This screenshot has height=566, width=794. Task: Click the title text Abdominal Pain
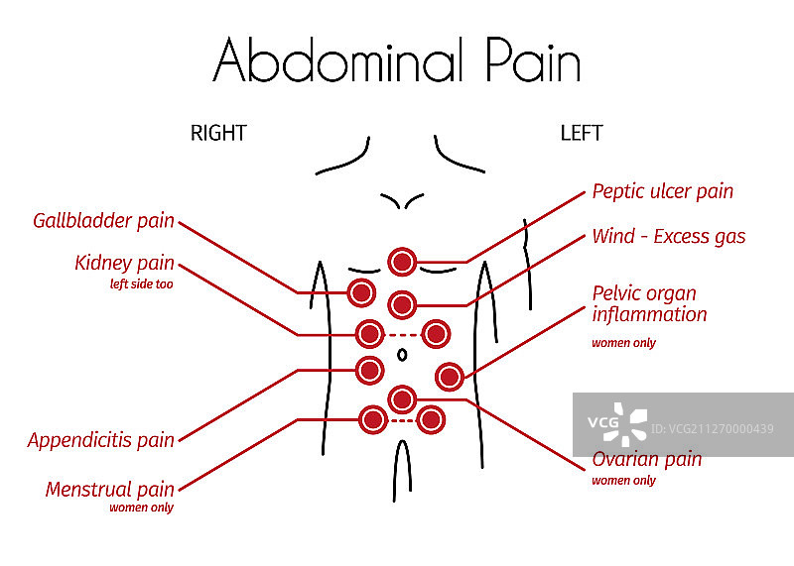click(396, 60)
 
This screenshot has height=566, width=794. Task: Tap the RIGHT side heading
click(218, 133)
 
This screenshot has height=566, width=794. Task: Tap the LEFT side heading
click(581, 133)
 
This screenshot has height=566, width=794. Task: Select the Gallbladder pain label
click(103, 220)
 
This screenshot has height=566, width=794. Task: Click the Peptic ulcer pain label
click(662, 190)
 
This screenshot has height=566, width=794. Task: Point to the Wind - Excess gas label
click(668, 236)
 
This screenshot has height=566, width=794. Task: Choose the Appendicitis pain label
click(100, 440)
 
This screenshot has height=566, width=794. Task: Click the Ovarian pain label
click(646, 459)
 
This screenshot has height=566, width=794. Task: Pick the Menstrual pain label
click(109, 489)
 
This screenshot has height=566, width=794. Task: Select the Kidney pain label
click(124, 264)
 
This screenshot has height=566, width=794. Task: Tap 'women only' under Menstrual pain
click(141, 509)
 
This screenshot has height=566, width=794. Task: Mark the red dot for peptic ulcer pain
click(402, 262)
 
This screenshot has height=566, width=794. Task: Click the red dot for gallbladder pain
click(361, 292)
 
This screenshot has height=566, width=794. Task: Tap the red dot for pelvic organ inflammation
click(449, 376)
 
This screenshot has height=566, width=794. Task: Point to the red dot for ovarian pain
click(402, 398)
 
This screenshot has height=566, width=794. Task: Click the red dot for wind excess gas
click(402, 304)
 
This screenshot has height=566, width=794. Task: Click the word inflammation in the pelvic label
click(649, 315)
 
